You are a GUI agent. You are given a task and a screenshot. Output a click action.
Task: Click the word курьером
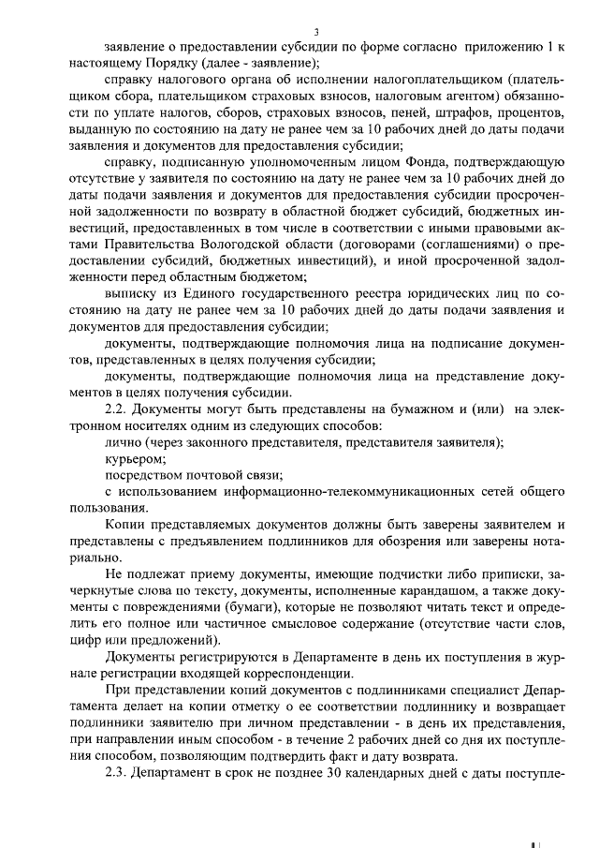(x=136, y=459)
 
